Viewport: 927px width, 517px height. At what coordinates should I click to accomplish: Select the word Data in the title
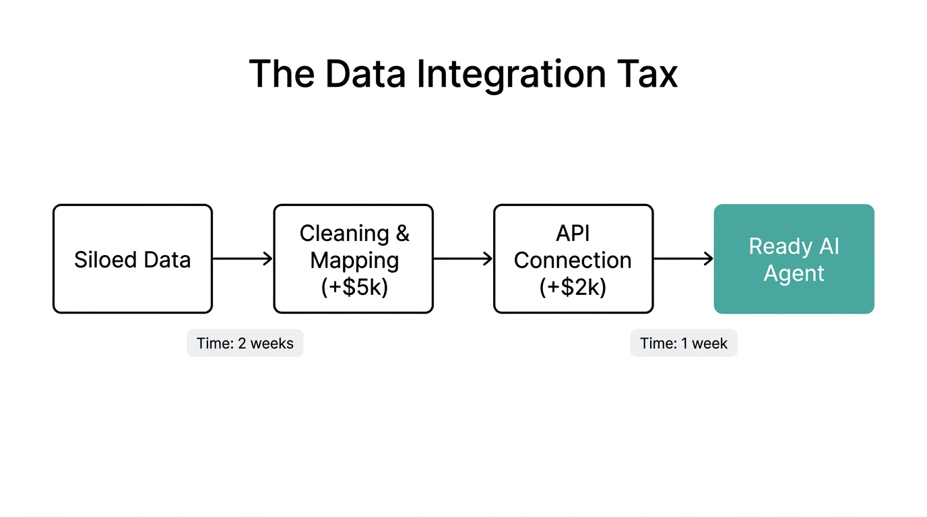point(366,74)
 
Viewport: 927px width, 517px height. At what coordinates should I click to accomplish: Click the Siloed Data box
point(133,259)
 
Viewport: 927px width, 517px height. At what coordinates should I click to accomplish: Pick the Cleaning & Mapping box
point(353,259)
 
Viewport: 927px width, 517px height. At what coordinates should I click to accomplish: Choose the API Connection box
point(573,259)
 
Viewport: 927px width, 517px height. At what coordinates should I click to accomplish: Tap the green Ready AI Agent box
point(794,259)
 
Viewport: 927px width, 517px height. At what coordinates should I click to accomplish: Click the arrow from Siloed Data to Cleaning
point(243,259)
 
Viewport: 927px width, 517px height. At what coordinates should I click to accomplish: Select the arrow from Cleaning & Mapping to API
point(463,259)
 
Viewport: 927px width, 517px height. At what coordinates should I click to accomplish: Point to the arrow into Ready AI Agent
point(683,259)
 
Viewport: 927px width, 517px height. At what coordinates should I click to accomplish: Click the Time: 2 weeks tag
point(245,343)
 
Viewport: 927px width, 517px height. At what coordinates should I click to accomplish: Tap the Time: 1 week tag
point(684,343)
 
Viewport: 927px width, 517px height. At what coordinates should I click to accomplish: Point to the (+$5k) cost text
point(354,287)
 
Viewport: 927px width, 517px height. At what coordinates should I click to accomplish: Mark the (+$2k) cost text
point(573,287)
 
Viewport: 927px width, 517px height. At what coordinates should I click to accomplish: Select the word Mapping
point(354,261)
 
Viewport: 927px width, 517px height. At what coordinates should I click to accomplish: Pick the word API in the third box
point(573,233)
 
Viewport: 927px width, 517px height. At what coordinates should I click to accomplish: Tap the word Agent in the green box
point(794,274)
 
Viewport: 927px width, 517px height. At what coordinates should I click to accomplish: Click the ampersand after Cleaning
point(402,234)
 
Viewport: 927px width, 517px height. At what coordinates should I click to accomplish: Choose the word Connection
point(573,261)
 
